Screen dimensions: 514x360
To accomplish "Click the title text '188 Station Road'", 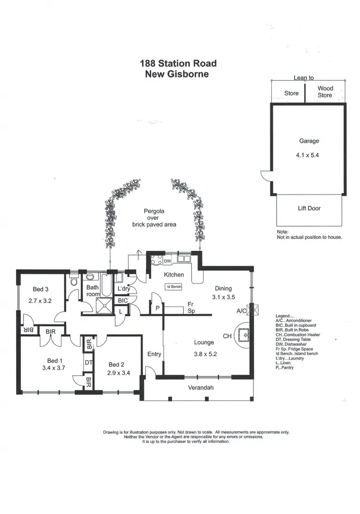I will pyautogui.click(x=178, y=63).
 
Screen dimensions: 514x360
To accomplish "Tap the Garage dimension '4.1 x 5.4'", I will pyautogui.click(x=309, y=155).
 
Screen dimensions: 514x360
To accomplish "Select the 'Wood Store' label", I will pyautogui.click(x=325, y=92).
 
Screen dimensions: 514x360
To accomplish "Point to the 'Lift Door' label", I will pyautogui.click(x=309, y=208).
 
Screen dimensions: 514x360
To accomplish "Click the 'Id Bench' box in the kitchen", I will pyautogui.click(x=173, y=287).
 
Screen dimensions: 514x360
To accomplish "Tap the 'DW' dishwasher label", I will pyautogui.click(x=167, y=261).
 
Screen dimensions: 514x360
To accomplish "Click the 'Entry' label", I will pyautogui.click(x=154, y=354).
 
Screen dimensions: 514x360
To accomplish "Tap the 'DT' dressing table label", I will pyautogui.click(x=88, y=363).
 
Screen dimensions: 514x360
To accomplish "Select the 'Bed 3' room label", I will pyautogui.click(x=41, y=289).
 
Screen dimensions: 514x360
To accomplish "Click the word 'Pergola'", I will pyautogui.click(x=154, y=211).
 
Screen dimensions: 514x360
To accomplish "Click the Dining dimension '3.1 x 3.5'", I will pyautogui.click(x=223, y=297).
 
